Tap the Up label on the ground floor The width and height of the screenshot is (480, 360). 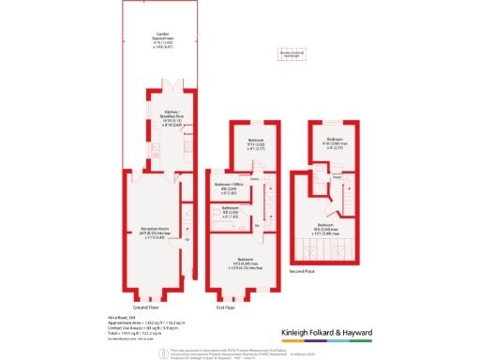[x=187, y=240]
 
